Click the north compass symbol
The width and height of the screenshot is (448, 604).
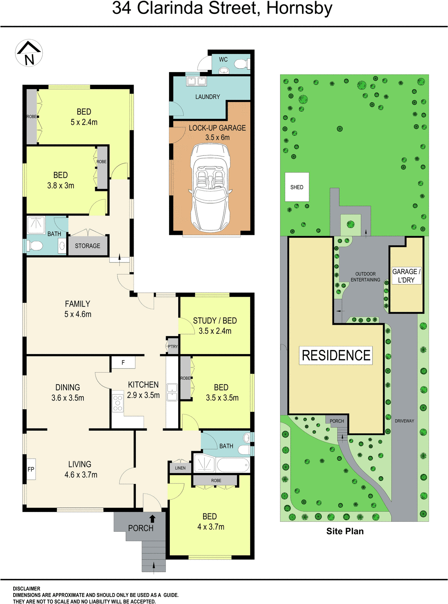[x=29, y=53]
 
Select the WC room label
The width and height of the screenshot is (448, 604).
[x=223, y=60]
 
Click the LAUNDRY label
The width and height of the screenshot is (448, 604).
[x=208, y=97]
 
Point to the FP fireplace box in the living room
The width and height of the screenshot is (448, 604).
[x=31, y=469]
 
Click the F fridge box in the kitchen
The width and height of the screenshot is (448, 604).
[x=123, y=363]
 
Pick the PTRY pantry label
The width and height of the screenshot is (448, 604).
[x=172, y=347]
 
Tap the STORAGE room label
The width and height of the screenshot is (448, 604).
[x=88, y=246]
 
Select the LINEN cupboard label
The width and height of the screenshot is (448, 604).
[x=180, y=468]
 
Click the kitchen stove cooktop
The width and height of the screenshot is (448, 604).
[x=118, y=403]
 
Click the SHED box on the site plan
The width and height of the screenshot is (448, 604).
[x=297, y=187]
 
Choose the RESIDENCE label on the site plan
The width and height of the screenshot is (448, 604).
[x=336, y=355]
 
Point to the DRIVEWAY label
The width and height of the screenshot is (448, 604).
[x=404, y=421]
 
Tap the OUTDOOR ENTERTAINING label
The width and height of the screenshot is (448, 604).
[x=365, y=277]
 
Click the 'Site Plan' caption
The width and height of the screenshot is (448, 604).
[x=345, y=531]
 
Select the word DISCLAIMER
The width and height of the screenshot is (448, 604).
[x=26, y=589]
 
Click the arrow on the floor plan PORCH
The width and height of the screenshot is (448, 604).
[x=152, y=519]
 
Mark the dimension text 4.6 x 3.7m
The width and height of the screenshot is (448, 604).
[x=81, y=475]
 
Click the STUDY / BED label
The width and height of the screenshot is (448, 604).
[x=215, y=320]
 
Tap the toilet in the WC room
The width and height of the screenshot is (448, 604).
[x=241, y=63]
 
